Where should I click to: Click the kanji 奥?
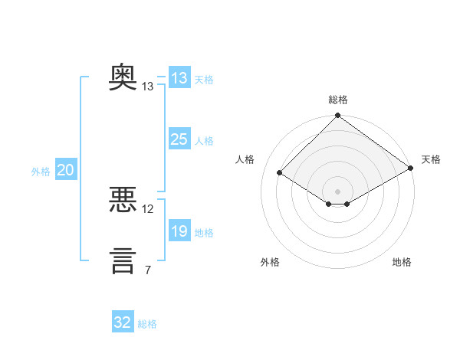click(x=123, y=77)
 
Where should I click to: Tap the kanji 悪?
click(x=123, y=199)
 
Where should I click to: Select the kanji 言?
click(x=123, y=261)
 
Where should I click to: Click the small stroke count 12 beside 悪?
click(x=147, y=209)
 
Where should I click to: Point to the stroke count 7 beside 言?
click(x=148, y=270)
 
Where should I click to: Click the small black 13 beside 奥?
click(x=147, y=87)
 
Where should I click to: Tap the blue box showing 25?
click(x=180, y=139)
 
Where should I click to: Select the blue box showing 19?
click(x=180, y=230)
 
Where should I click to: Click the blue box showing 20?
click(x=66, y=169)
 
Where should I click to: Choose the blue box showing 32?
click(x=123, y=321)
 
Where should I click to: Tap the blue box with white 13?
click(x=180, y=77)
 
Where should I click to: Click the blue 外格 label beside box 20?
click(x=41, y=172)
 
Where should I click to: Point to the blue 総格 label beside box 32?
click(x=147, y=324)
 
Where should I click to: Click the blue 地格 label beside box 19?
click(x=204, y=233)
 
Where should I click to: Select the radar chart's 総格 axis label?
click(x=338, y=100)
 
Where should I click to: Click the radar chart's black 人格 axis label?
click(x=245, y=159)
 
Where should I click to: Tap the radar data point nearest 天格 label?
click(x=411, y=168)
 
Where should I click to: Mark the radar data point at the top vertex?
click(x=338, y=115)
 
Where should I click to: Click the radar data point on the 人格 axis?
click(x=280, y=172)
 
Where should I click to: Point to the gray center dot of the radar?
click(x=337, y=191)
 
